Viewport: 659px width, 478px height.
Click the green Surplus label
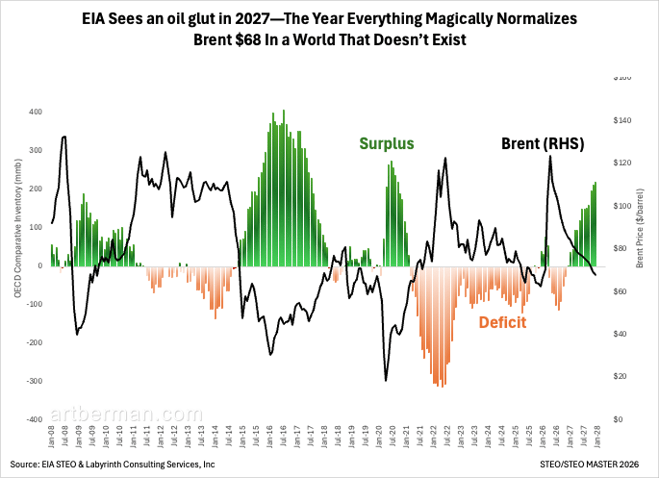387,144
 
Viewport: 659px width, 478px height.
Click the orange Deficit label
502,323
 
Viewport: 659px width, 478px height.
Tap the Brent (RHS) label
543,144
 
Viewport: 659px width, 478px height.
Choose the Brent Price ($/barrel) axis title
640,228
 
